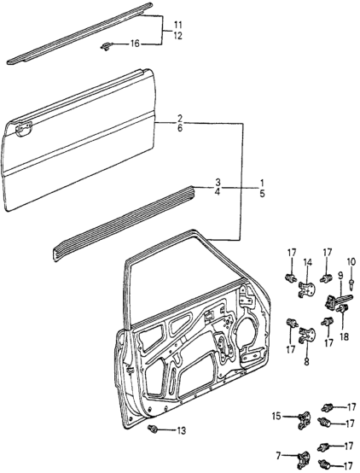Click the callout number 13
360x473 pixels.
point(182,430)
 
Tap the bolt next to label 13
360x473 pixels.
point(153,429)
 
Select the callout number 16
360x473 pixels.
point(135,44)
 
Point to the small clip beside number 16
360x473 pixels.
point(106,46)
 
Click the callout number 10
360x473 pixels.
point(351,261)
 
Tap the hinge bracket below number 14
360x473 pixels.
point(307,289)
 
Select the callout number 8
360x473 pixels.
point(306,361)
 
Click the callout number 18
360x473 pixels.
point(344,336)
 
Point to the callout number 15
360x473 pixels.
point(276,416)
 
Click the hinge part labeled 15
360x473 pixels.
point(305,420)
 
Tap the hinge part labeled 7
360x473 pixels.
point(304,459)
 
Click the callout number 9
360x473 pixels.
point(340,275)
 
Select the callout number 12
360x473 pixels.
point(178,36)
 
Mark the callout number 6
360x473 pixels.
point(180,128)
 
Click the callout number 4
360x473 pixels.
point(218,192)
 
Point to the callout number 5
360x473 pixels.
point(262,193)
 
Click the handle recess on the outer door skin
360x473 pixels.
point(23,129)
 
